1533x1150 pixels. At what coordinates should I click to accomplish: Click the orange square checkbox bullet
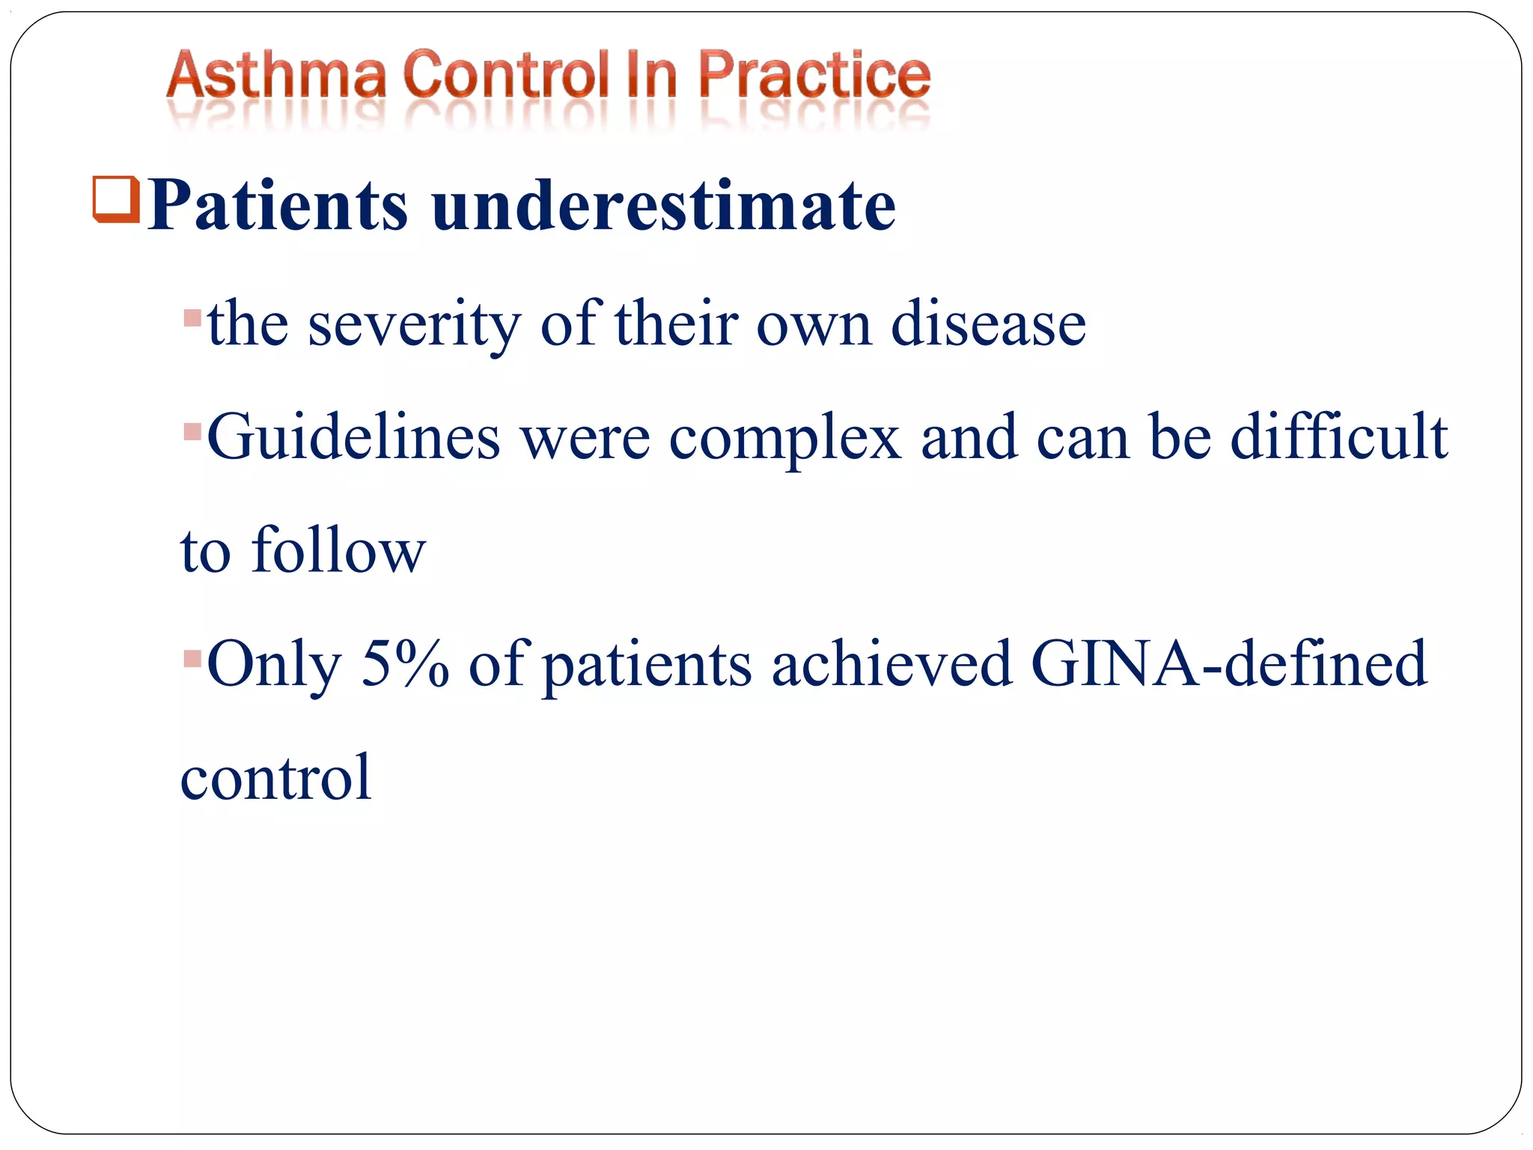(x=116, y=199)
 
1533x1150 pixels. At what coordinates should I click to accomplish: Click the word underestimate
(x=663, y=205)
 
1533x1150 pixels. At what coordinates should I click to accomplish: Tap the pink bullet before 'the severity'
(x=192, y=317)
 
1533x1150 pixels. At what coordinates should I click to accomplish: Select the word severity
(x=414, y=325)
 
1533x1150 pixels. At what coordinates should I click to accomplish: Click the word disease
(x=988, y=325)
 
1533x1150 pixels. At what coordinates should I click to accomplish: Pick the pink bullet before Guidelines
(x=192, y=432)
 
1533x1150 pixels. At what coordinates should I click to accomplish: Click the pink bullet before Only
(x=192, y=659)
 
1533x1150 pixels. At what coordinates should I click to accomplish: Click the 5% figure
(x=405, y=663)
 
